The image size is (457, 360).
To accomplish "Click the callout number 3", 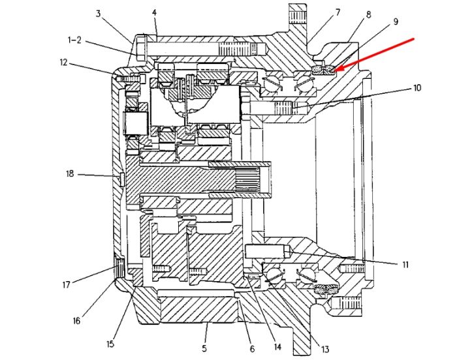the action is [x=98, y=14].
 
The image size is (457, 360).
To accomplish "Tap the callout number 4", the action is [x=155, y=12].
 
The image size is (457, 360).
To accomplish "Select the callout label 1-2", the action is [x=74, y=40].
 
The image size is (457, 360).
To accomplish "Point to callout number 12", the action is [x=63, y=63].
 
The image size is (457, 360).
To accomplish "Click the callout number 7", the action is [x=338, y=12].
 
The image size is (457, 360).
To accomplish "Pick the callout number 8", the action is [x=368, y=15].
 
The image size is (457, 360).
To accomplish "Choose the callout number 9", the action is [x=396, y=22].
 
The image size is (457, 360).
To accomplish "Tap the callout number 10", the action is [x=417, y=87].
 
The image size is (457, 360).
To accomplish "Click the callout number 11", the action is [x=405, y=265].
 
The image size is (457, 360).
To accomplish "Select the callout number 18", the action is [x=70, y=174].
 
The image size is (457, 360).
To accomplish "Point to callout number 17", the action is [x=67, y=284].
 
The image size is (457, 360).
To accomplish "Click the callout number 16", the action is [x=76, y=321].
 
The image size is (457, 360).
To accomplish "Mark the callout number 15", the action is [x=110, y=344].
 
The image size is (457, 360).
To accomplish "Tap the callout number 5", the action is [x=204, y=348].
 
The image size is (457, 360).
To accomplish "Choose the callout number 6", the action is [x=253, y=349].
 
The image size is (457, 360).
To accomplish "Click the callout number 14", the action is [x=277, y=346].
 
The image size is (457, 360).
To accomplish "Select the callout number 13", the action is [x=325, y=349].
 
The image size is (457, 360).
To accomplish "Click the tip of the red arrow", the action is [x=334, y=70].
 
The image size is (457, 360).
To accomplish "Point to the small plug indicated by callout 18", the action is [x=122, y=179].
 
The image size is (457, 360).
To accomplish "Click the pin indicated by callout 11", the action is [x=268, y=251].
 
